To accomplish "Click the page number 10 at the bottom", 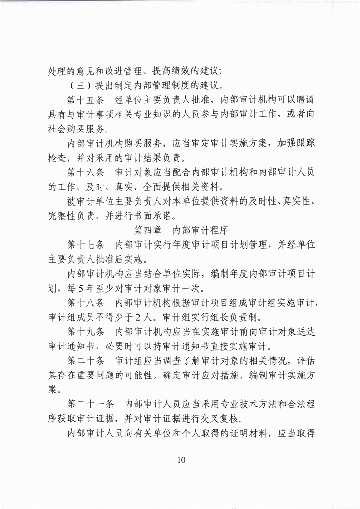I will tap(180, 459).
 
